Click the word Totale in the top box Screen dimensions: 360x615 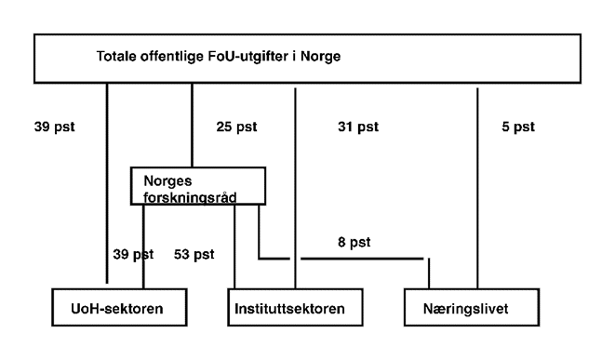click(117, 56)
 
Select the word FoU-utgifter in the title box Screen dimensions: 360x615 click(237, 56)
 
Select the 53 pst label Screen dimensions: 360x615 click(194, 253)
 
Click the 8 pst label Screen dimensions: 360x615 click(353, 242)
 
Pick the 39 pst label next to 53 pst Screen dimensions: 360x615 click(130, 253)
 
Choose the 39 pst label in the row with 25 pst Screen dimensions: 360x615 click(54, 126)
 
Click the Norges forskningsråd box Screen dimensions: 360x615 click(197, 186)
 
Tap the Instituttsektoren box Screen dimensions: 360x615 click(293, 307)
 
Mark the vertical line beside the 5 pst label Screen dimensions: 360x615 click(477, 186)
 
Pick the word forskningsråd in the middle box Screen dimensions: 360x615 click(188, 194)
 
